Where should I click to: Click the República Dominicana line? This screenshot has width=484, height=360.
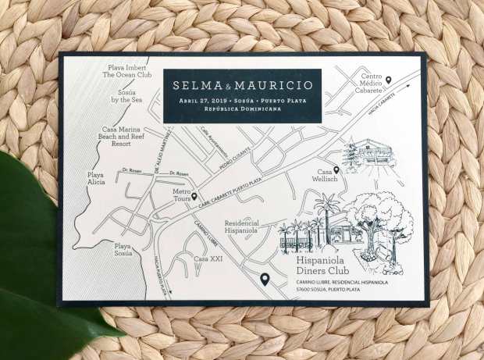[x=243, y=110]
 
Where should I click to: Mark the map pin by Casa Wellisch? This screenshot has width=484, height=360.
[x=336, y=169]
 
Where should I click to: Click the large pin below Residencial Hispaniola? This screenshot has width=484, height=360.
[x=265, y=280]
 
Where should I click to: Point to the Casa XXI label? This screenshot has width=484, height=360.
[x=207, y=258]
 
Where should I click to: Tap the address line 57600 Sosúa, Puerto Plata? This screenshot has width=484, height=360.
[x=320, y=290]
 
